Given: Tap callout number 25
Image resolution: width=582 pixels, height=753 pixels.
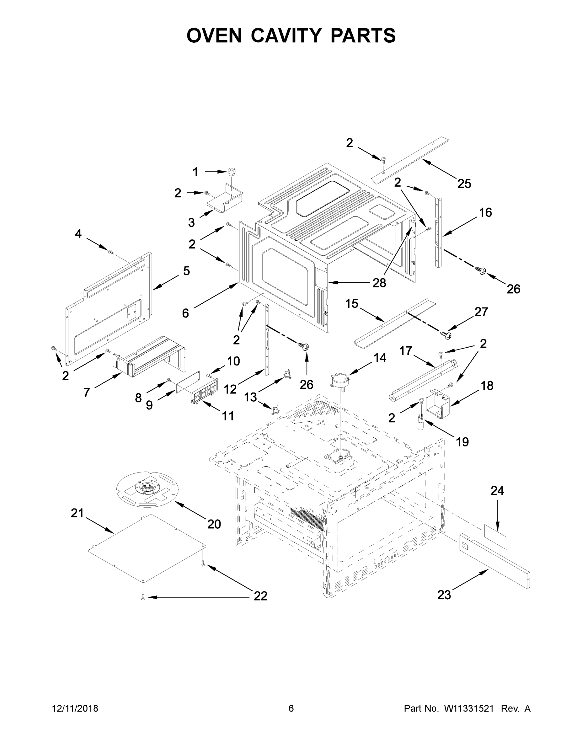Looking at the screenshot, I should [464, 184].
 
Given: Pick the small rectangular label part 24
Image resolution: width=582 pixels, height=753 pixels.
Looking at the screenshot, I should [496, 537].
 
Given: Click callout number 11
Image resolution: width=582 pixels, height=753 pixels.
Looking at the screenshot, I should [228, 416].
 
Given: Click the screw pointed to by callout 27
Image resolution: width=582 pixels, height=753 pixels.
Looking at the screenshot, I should [446, 334].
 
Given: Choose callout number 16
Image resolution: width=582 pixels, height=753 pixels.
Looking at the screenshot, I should [485, 212].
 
